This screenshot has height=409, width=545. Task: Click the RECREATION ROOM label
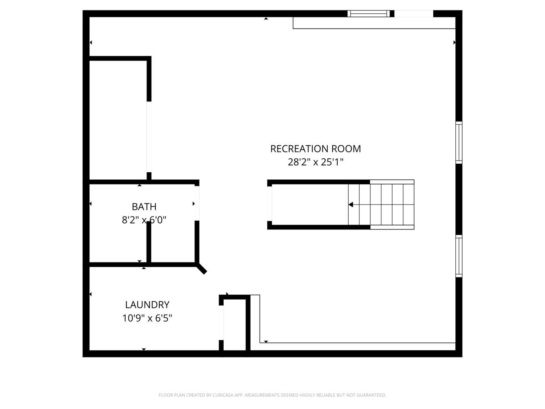[315, 149]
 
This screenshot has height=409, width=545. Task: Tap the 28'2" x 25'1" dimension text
[315, 162]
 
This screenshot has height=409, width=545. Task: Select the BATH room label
[144, 207]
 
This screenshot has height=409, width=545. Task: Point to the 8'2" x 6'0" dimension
[144, 220]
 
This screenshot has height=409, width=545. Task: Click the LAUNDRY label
[147, 305]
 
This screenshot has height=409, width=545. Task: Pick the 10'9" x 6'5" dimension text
[147, 318]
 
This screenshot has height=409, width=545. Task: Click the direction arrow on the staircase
[351, 204]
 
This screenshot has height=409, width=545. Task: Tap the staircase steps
[392, 204]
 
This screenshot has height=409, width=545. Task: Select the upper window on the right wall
[459, 142]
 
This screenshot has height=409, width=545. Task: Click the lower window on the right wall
[459, 256]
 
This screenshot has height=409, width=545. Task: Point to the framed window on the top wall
[369, 14]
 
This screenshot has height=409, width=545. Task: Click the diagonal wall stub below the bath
[201, 269]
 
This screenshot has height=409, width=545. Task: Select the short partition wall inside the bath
[149, 242]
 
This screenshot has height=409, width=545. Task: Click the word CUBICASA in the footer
[223, 395]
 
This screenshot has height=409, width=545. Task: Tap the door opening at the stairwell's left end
[269, 204]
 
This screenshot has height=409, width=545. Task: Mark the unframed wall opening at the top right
[414, 14]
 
